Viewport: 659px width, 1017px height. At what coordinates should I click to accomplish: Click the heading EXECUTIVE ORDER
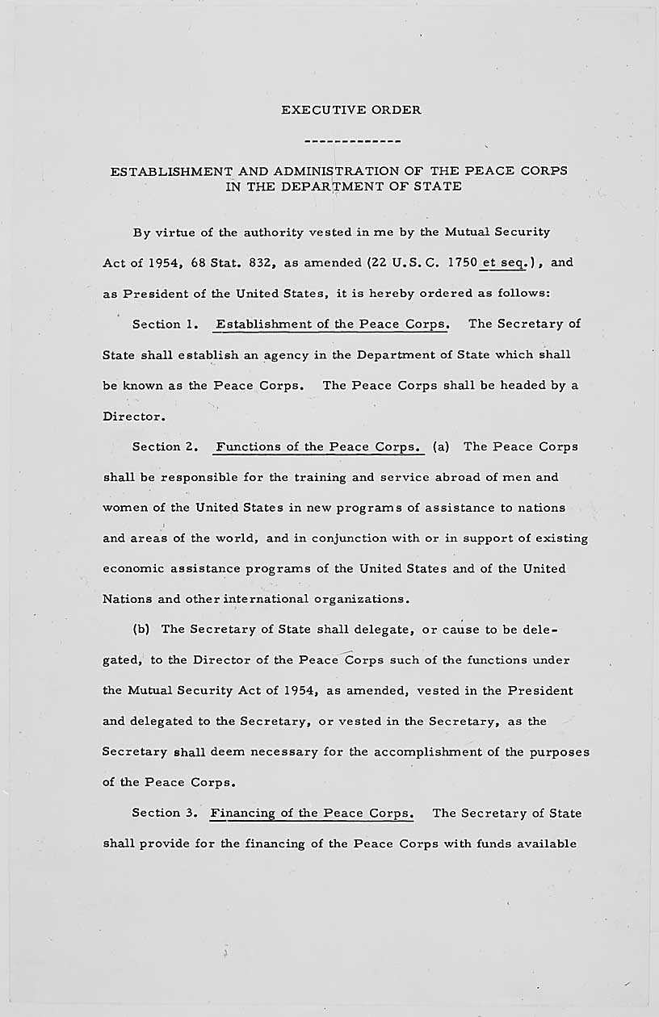[351, 110]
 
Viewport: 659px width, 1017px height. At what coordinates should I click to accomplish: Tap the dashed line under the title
[351, 142]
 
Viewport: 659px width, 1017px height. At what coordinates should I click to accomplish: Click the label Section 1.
[166, 324]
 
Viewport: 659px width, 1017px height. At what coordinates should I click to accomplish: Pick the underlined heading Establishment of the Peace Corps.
[332, 324]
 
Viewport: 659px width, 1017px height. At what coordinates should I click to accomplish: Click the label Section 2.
[166, 446]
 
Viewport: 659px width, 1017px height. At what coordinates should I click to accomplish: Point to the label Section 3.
[165, 813]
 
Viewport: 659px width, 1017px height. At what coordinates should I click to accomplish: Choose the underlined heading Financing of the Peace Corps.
[312, 813]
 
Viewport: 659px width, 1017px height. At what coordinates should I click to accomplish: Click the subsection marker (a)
[441, 446]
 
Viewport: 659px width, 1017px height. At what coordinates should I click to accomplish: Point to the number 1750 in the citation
[460, 262]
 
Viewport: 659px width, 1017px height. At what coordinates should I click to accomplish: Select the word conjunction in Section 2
[331, 538]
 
